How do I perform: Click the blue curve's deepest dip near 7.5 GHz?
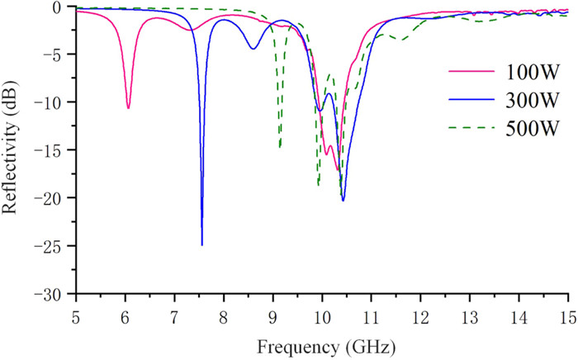[x=202, y=244]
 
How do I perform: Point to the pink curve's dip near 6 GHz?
[x=128, y=108]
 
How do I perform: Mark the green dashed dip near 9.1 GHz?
[x=280, y=148]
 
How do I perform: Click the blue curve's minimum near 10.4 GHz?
[x=343, y=200]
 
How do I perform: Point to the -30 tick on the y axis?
[x=59, y=294]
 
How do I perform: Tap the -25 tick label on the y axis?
[x=59, y=246]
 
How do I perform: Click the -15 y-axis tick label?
[x=59, y=150]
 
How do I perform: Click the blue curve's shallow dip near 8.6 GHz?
[x=253, y=49]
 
